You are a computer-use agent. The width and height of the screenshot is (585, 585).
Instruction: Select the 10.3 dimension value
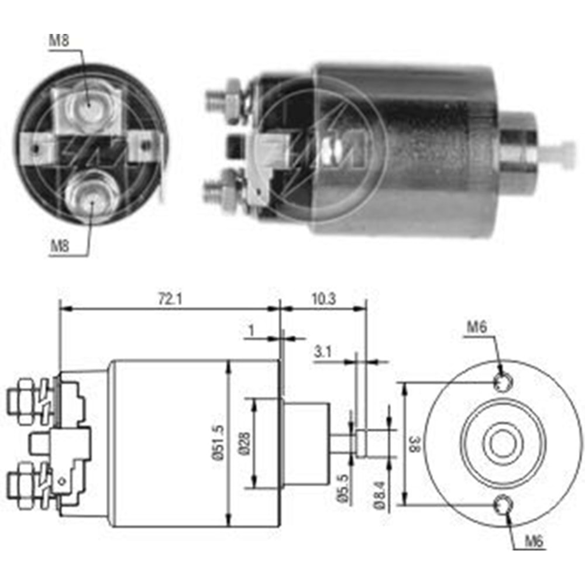pos(323,299)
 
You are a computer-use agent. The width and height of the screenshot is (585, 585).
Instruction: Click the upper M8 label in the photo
pos(58,41)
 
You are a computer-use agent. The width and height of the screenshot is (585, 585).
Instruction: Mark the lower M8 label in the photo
pos(59,246)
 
